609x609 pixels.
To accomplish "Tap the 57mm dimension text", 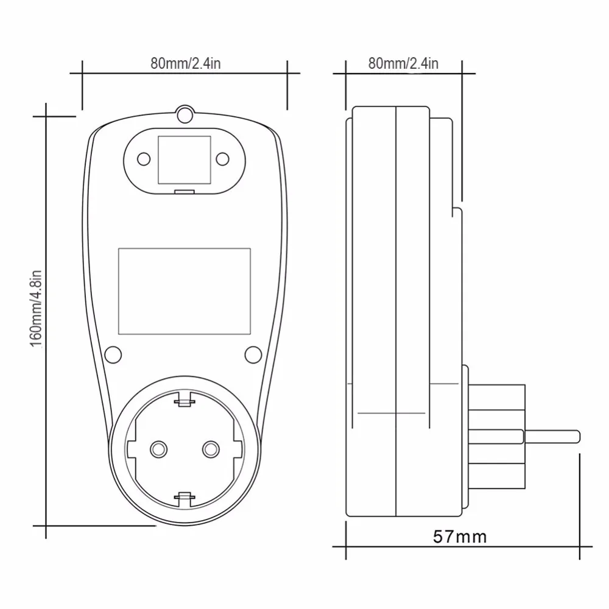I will (460, 537).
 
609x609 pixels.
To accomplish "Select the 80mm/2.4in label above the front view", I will (185, 63).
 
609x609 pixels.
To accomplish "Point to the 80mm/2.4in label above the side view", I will (403, 63).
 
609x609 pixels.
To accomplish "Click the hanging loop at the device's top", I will (183, 114).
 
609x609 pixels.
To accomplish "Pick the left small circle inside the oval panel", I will (144, 160).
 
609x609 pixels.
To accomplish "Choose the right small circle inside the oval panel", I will (222, 160).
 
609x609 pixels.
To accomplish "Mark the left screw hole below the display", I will (113, 354).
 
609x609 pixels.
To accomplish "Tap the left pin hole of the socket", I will (158, 449).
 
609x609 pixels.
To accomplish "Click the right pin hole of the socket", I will (211, 449).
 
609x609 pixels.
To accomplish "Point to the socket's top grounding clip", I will (184, 400).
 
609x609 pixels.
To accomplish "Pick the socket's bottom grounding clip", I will (184, 498).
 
